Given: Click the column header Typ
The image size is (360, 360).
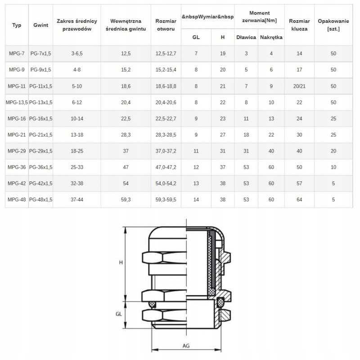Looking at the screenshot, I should [x=17, y=25].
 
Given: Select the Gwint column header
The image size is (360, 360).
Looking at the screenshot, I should [x=41, y=25].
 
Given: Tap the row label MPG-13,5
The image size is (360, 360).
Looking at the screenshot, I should [x=17, y=103].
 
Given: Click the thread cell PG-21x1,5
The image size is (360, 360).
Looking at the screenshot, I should [x=41, y=135].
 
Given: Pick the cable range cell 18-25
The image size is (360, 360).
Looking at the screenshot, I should [x=76, y=151].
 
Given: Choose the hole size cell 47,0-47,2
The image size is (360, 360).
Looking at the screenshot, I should [x=166, y=167].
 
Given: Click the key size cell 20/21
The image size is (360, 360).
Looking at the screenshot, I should [x=299, y=86].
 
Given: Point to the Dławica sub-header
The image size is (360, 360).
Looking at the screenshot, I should [x=246, y=37].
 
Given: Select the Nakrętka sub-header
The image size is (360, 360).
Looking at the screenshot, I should [x=271, y=37].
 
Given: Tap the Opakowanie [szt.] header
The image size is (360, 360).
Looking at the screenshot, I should [x=333, y=25].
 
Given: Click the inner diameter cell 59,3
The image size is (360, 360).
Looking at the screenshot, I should [x=126, y=200].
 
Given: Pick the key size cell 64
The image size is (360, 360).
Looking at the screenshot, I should [x=299, y=200].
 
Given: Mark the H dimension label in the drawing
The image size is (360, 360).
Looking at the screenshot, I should [x=121, y=262].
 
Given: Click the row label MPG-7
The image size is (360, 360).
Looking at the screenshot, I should [x=17, y=54].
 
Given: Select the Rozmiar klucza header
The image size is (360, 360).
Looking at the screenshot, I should [x=299, y=25].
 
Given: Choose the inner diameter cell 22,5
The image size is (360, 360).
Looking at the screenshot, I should [x=126, y=119].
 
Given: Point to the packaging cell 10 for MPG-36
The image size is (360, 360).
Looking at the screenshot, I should [x=333, y=167].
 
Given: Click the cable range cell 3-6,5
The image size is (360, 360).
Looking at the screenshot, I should [x=76, y=54].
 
